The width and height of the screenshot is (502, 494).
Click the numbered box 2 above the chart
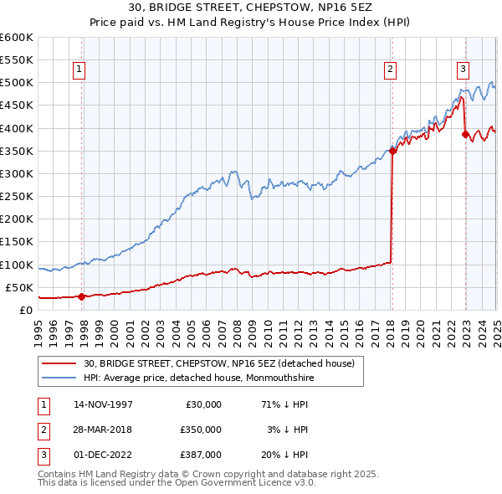pos(390,70)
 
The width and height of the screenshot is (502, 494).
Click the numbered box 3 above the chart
pos(463,70)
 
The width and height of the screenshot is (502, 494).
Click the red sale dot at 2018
pos(392,152)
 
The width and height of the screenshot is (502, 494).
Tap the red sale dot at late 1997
pos(81,296)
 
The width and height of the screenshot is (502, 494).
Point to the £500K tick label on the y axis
pos(17,83)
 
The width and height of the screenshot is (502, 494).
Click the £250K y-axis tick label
pos(17,197)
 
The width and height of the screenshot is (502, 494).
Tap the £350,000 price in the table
pos(201,430)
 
